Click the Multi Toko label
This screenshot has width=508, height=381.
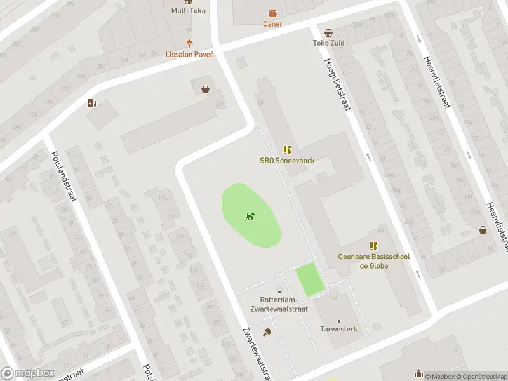[x=189, y=10]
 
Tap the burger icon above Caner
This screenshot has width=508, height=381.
[x=272, y=13]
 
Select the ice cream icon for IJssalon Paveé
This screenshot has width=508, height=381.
[x=190, y=44]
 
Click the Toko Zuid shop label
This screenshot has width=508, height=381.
[x=328, y=43]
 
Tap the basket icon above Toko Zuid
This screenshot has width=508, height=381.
[x=328, y=32]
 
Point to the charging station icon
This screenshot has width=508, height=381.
[x=92, y=104]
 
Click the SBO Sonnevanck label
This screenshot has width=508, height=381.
[x=287, y=161]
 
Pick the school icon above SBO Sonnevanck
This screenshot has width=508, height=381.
[x=287, y=150]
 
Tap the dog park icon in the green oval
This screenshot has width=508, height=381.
[x=250, y=216]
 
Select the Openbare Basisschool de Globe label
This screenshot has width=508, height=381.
[x=373, y=261]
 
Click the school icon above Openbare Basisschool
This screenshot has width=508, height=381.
[x=373, y=246]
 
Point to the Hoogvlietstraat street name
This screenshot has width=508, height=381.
[x=337, y=85]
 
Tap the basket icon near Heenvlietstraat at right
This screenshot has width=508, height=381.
[x=483, y=231]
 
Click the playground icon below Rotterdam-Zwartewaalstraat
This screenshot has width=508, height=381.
[x=267, y=331]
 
